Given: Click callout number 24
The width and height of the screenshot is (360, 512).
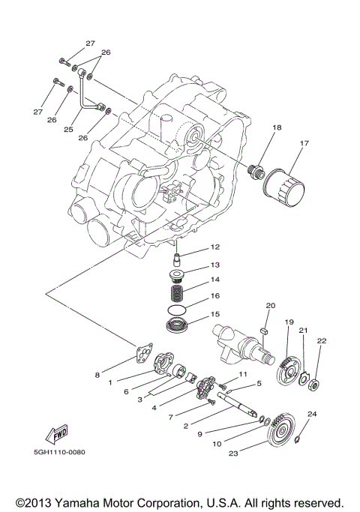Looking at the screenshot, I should tap(313, 414).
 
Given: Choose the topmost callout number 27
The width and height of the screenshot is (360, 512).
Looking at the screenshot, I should tap(90, 43).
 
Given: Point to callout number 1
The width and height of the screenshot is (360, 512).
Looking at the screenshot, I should tap(109, 382).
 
